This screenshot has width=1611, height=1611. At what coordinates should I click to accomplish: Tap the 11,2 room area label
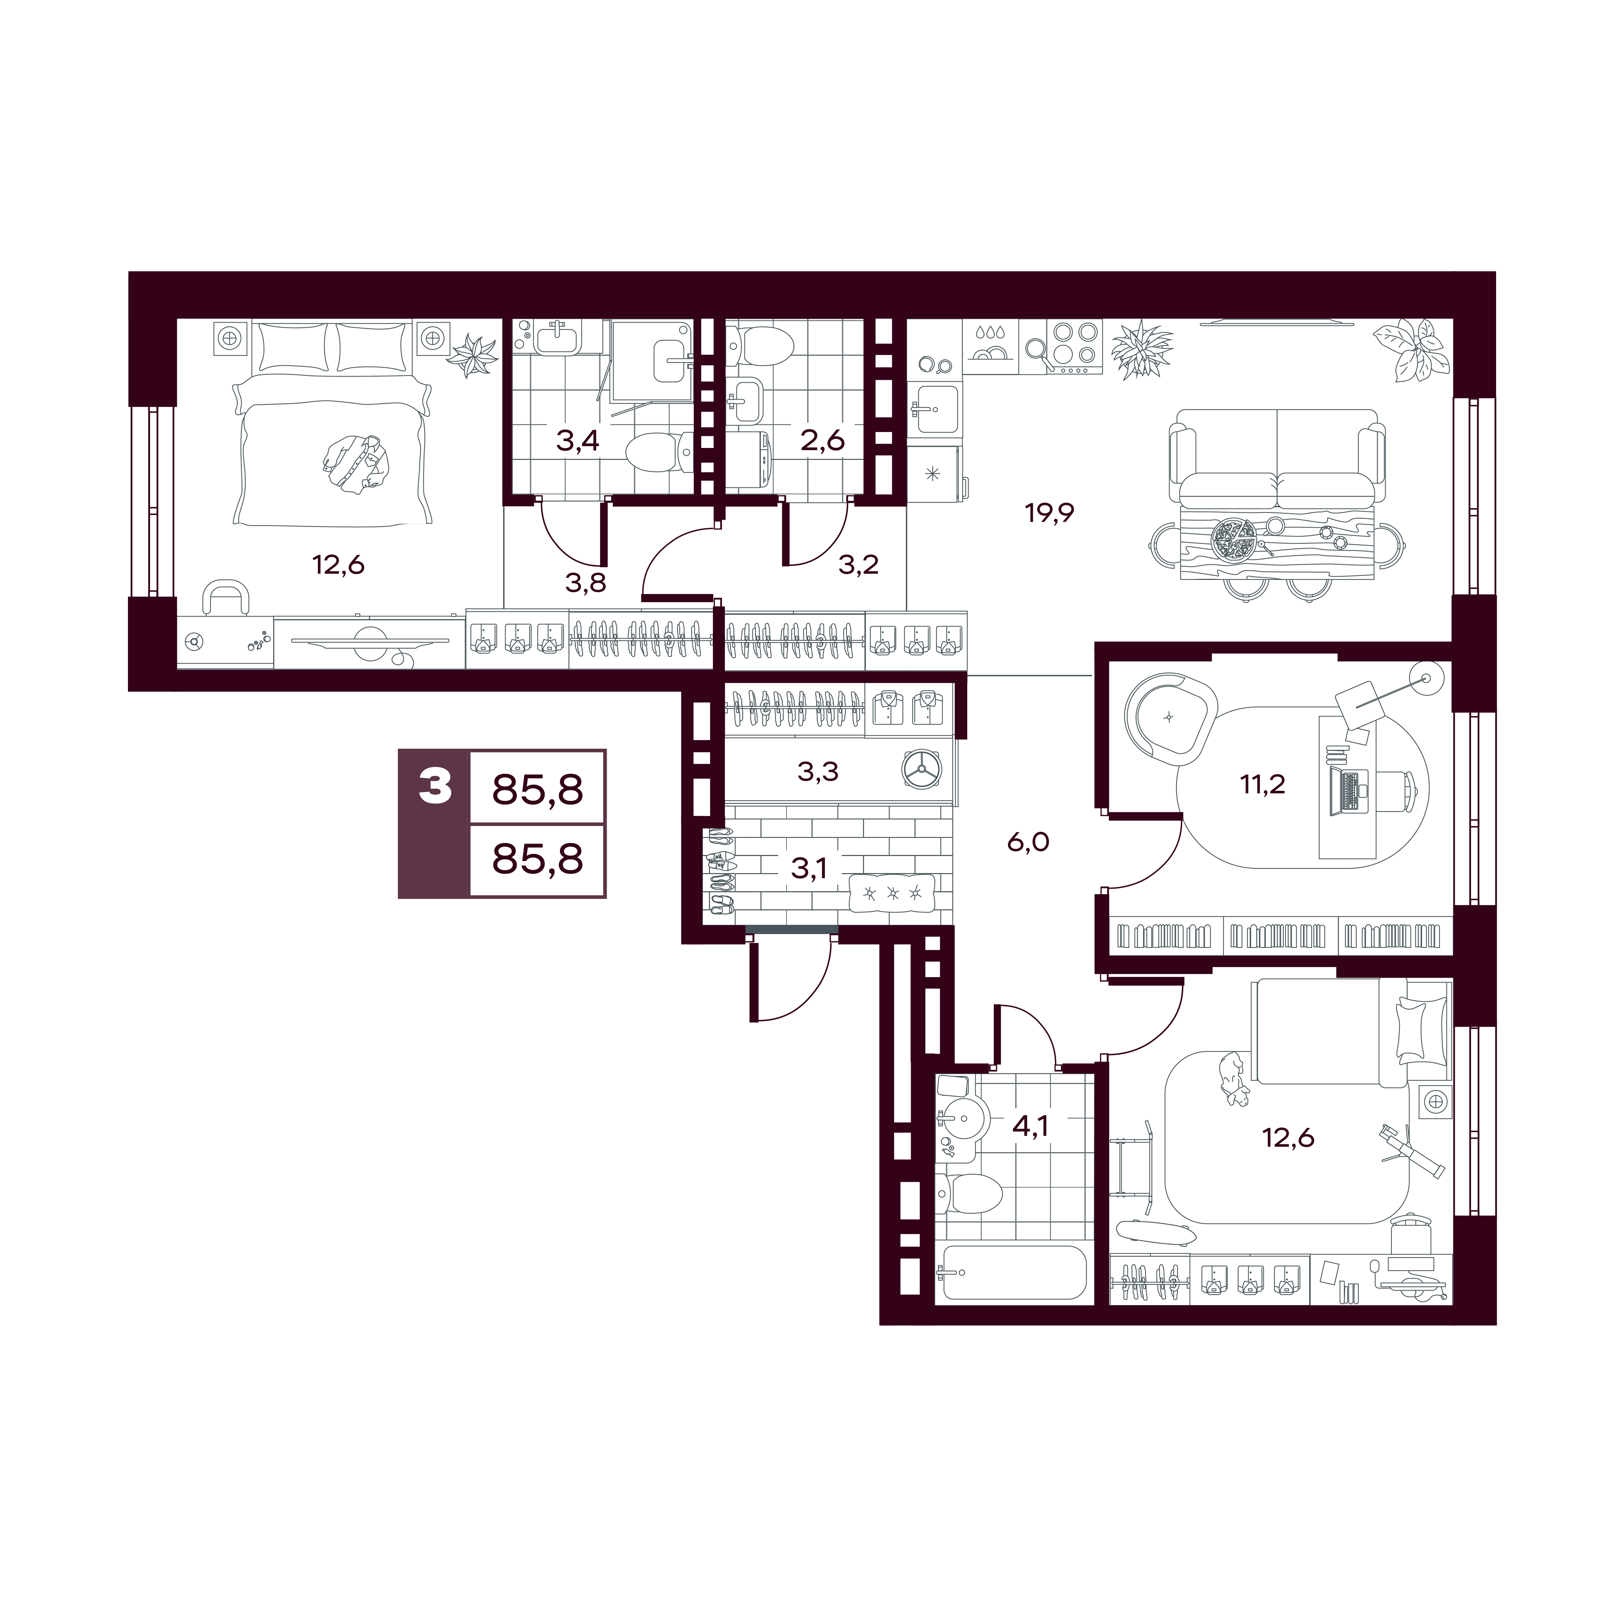[1262, 784]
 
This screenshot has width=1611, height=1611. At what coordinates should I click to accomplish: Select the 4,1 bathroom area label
[1030, 1126]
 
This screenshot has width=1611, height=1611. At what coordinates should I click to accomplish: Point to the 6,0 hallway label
[1028, 842]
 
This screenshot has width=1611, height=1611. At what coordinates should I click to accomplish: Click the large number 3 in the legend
[435, 785]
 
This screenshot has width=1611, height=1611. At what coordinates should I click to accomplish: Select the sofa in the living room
[1276, 458]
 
